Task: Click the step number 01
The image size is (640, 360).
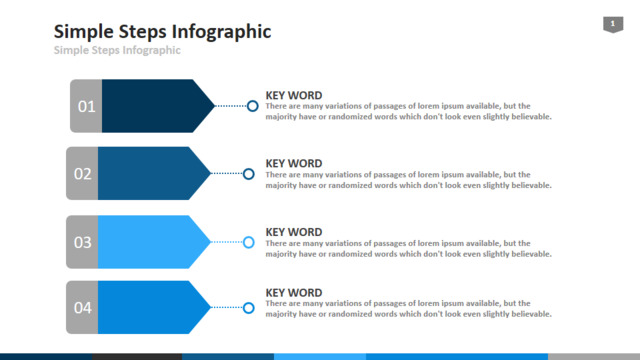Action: [x=87, y=107]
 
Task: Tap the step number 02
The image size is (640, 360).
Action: [x=82, y=174]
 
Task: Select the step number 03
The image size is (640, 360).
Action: [x=82, y=242]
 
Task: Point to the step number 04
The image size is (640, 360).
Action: [x=82, y=308]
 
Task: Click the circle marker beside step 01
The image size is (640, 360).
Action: [x=253, y=101]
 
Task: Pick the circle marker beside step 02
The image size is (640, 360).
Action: [x=249, y=169]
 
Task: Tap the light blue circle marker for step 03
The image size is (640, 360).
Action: [x=249, y=237]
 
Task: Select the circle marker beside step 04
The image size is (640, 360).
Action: [x=249, y=303]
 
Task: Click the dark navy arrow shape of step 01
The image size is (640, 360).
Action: [x=155, y=106]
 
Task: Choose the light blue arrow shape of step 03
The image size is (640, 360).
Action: [x=151, y=242]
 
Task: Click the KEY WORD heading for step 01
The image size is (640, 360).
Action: [x=294, y=96]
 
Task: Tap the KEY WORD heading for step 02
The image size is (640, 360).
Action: [x=294, y=164]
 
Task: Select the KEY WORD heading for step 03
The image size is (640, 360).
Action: [x=294, y=232]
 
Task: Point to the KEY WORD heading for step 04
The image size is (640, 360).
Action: [x=294, y=293]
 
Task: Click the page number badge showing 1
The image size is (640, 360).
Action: [x=613, y=24]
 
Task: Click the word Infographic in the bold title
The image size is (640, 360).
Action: [x=221, y=32]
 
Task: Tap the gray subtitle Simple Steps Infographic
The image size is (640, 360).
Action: [x=117, y=50]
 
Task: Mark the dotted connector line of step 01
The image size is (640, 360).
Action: [x=231, y=106]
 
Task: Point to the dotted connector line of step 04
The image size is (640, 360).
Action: [x=227, y=307]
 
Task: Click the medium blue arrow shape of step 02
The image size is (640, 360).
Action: [x=151, y=173]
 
